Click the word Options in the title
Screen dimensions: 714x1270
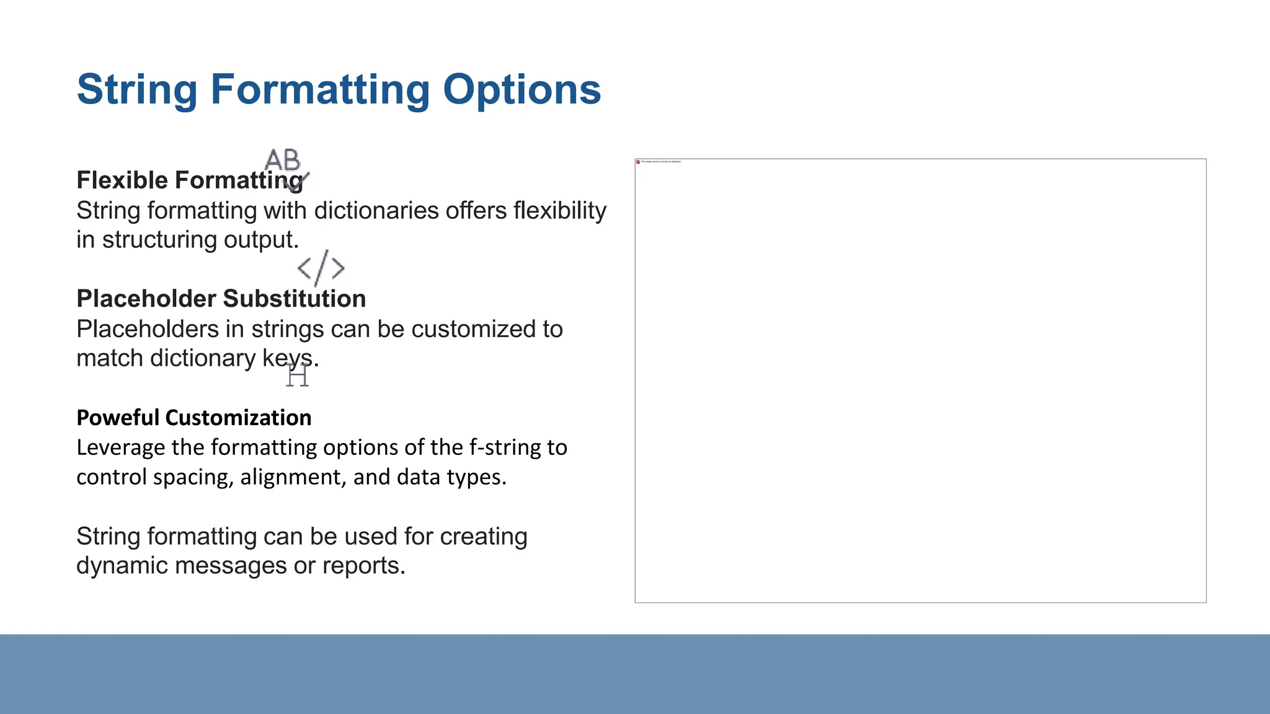click(x=522, y=89)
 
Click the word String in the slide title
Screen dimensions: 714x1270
click(x=137, y=89)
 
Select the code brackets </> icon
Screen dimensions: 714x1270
click(x=321, y=268)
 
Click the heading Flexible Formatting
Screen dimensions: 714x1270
click(x=190, y=180)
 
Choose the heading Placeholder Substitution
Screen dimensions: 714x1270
click(x=221, y=299)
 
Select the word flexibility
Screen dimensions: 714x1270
click(x=560, y=211)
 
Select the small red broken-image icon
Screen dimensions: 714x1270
click(x=638, y=162)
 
